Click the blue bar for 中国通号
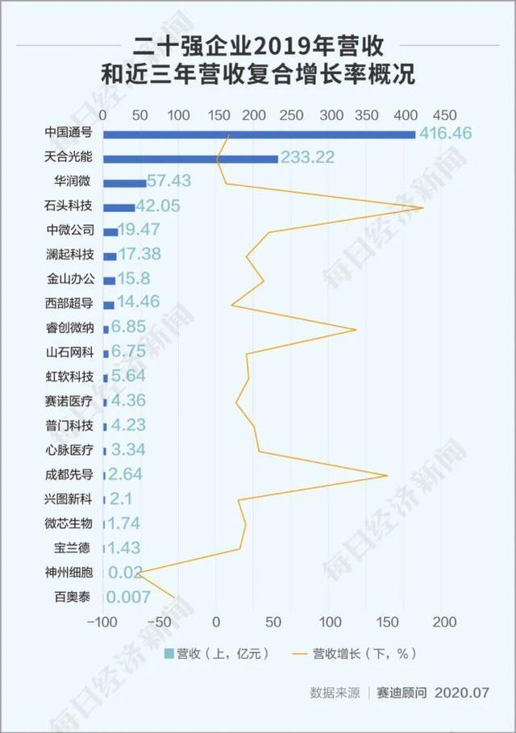(x=258, y=134)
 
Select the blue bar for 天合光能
(x=190, y=159)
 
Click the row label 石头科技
(x=69, y=206)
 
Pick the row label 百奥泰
(x=73, y=598)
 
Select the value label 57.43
(x=177, y=182)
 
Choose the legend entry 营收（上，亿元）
(x=215, y=652)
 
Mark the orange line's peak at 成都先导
(x=388, y=475)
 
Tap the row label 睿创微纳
(x=69, y=328)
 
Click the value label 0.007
(x=129, y=598)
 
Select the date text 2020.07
(x=463, y=693)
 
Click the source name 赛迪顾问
(x=401, y=693)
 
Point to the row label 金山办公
(x=69, y=280)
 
